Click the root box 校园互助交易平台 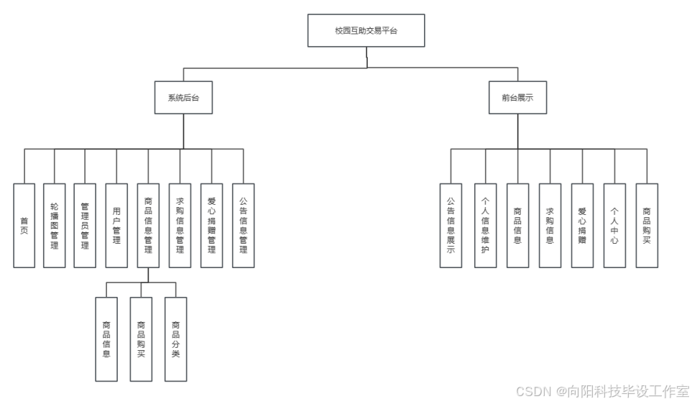click(366, 31)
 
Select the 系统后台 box click(183, 98)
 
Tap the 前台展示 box click(517, 98)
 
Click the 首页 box click(24, 225)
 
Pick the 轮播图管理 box click(55, 225)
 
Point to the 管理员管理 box click(85, 225)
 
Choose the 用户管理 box click(116, 225)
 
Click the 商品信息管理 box click(148, 225)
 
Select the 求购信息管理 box click(180, 225)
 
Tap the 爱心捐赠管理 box click(211, 225)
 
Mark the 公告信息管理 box click(243, 225)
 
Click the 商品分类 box click(176, 339)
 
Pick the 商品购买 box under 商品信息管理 click(141, 339)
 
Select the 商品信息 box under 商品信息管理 click(106, 339)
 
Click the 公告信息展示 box click(451, 225)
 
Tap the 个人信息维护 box click(485, 225)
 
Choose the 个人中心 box click(614, 225)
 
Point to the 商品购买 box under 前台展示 click(647, 225)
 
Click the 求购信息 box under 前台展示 click(550, 225)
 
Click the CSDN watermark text click(602, 391)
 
